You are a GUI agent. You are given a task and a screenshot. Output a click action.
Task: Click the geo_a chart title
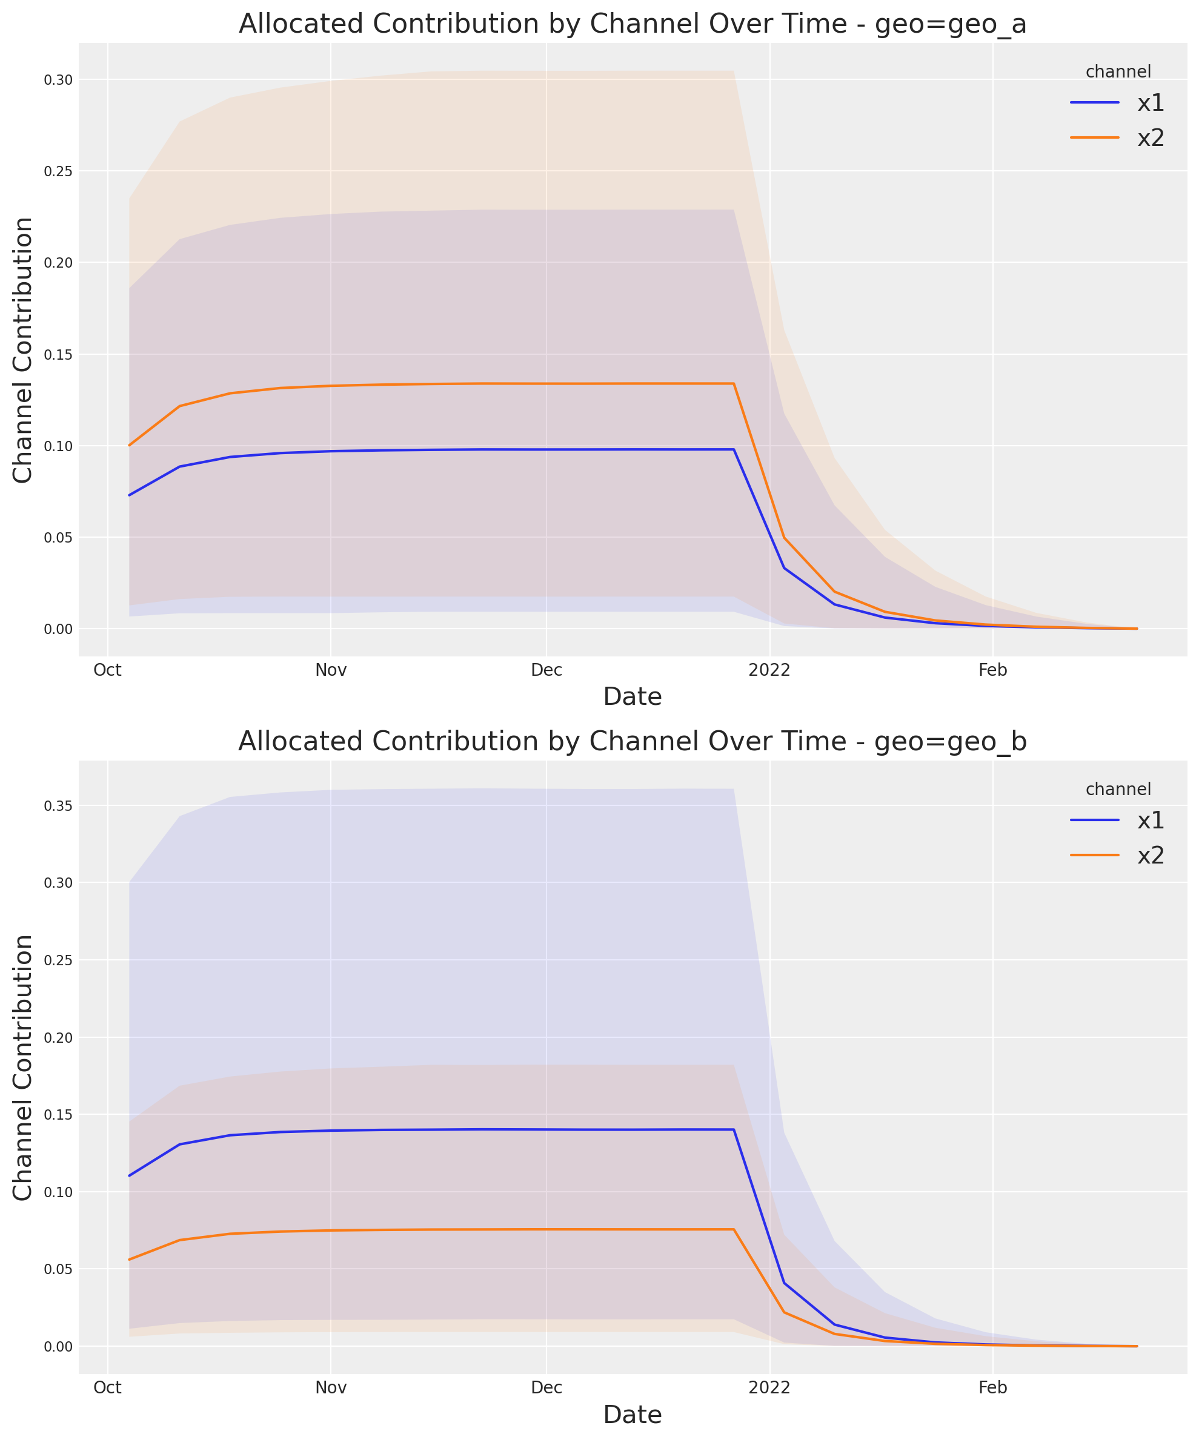click(632, 24)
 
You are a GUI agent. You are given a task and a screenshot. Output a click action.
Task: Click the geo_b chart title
click(632, 741)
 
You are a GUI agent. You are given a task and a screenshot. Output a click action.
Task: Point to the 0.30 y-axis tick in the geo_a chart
click(58, 79)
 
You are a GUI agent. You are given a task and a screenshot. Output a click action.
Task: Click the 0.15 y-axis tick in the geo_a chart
click(58, 354)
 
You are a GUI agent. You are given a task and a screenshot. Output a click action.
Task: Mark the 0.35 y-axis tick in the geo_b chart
click(58, 805)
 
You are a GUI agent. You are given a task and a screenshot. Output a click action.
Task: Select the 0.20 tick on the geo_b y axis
click(58, 1037)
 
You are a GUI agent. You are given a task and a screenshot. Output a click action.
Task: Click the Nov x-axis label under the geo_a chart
click(331, 670)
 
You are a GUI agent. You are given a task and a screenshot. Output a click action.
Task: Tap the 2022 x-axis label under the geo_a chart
click(769, 670)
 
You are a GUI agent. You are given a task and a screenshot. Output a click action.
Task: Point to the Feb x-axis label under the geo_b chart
click(992, 1388)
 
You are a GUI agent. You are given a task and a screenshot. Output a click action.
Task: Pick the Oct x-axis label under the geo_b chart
click(108, 1388)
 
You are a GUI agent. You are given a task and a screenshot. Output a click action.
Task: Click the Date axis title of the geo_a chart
click(632, 696)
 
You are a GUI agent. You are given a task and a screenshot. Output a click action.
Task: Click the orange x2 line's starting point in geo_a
click(129, 446)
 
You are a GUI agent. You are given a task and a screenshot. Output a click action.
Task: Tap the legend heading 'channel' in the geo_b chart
click(1118, 789)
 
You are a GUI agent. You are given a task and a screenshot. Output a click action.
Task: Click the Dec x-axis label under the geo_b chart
click(546, 1388)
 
